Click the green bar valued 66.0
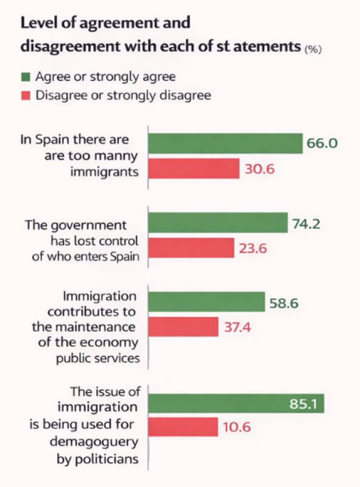tap(225, 144)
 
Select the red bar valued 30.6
tap(193, 168)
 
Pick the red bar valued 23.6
tap(191, 247)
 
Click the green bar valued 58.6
tap(206, 302)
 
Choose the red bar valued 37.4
tap(183, 327)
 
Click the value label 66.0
tap(323, 144)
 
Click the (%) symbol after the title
tap(312, 49)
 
